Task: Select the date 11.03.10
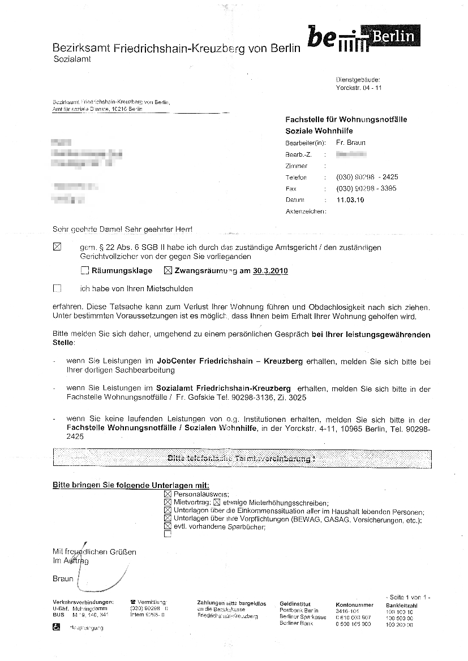point(350,200)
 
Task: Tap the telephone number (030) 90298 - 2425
point(367,177)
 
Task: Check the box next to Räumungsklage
point(85,271)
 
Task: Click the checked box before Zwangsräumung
point(168,271)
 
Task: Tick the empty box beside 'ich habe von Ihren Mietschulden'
point(57,288)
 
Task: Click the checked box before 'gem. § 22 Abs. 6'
point(57,247)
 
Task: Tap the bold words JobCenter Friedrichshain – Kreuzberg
point(231,360)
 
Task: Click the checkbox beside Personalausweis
point(167,494)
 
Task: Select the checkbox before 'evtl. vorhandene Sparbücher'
point(167,525)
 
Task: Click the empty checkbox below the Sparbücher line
point(167,533)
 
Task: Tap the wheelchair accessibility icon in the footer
point(57,627)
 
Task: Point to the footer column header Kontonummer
point(354,604)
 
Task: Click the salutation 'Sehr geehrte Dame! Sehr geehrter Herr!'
point(122,230)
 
